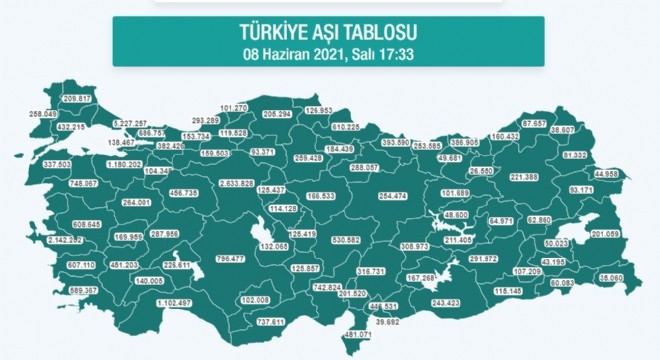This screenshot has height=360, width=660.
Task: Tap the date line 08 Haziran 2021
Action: click(x=329, y=53)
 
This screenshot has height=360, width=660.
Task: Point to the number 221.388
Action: click(x=524, y=176)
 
